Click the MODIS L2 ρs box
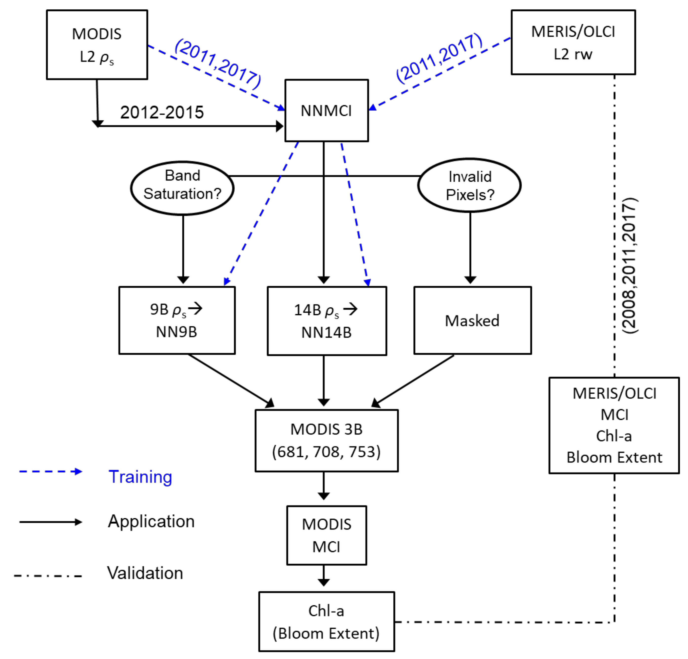tap(97, 45)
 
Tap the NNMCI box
tap(326, 111)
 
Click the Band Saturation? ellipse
tap(182, 188)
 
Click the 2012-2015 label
tap(162, 112)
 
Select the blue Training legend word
tap(140, 477)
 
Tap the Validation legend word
tap(145, 573)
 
